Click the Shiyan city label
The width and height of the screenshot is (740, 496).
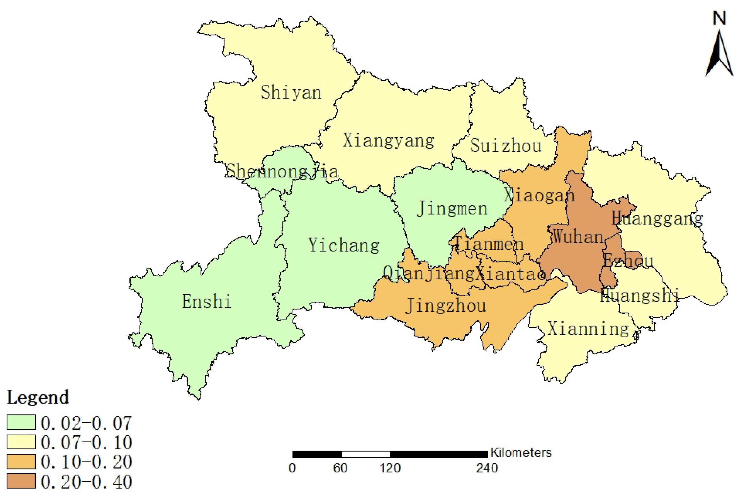(x=291, y=93)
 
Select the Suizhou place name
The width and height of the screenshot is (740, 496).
(x=506, y=146)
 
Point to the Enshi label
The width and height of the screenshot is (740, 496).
(x=206, y=301)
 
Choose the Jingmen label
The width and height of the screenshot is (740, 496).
(x=452, y=208)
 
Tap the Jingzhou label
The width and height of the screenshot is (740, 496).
(x=446, y=306)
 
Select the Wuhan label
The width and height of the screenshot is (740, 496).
(x=578, y=237)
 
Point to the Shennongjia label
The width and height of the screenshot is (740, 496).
(x=282, y=171)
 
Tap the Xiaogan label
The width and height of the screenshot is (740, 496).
(x=539, y=195)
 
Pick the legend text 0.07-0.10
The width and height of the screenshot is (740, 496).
(x=86, y=442)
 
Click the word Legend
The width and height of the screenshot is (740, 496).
(x=38, y=397)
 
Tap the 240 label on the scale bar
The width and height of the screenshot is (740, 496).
(x=487, y=468)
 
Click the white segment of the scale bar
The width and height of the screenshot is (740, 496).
(x=366, y=454)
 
